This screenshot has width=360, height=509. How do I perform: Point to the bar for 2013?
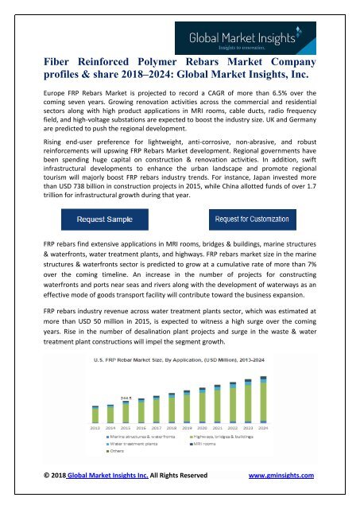click(96, 413)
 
